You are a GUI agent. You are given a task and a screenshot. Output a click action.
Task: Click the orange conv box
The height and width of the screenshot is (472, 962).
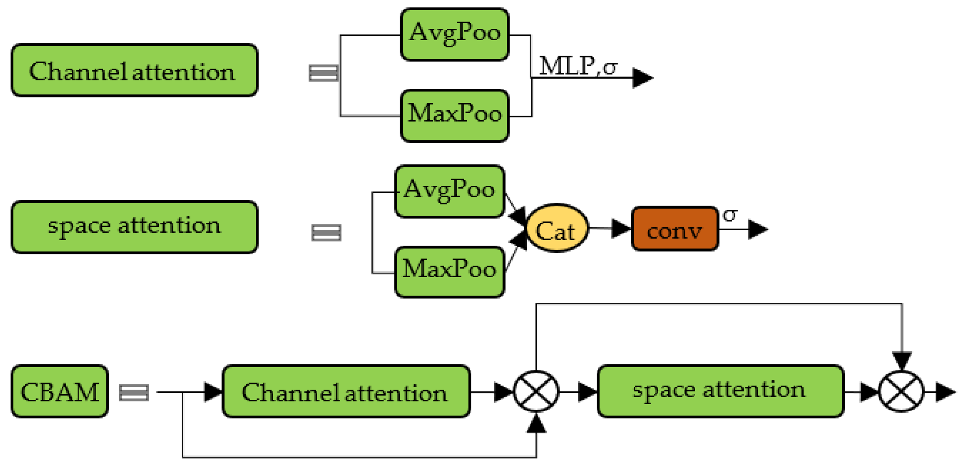tap(674, 228)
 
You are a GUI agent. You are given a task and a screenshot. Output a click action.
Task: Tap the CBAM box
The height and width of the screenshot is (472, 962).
tap(60, 391)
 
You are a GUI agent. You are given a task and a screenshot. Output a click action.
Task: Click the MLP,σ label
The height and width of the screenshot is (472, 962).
tap(577, 65)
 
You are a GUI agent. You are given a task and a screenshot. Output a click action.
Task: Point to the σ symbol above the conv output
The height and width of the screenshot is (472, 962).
tap(729, 215)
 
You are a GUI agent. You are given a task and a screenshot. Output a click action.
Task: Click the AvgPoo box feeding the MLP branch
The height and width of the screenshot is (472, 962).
tap(454, 34)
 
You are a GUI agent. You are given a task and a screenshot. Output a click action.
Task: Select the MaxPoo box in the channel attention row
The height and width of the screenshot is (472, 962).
tap(454, 116)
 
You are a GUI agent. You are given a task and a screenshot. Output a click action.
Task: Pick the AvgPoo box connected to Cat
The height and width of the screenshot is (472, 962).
tap(449, 192)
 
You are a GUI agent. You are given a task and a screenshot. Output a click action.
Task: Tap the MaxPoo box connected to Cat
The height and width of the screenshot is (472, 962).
tap(449, 272)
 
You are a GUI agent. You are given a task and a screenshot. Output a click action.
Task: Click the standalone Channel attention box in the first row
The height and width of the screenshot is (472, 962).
tap(134, 70)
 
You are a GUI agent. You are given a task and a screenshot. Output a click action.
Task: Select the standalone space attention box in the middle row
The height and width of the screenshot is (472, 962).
tap(134, 227)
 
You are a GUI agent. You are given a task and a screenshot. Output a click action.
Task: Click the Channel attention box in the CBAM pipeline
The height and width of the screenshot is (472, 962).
tap(346, 391)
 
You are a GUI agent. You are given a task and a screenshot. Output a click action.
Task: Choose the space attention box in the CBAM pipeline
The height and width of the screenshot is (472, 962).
tap(720, 391)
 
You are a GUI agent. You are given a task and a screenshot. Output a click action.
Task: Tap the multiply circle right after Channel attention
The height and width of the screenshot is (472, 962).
tap(536, 392)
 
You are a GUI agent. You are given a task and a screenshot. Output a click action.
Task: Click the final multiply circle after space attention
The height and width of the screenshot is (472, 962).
tap(901, 392)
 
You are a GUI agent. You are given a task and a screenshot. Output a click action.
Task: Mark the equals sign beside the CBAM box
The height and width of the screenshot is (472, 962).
tap(134, 392)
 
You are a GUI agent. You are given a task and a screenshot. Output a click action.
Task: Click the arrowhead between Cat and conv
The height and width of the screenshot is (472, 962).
tap(621, 229)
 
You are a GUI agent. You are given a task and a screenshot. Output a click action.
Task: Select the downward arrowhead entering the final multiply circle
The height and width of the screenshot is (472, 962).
tap(902, 361)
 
